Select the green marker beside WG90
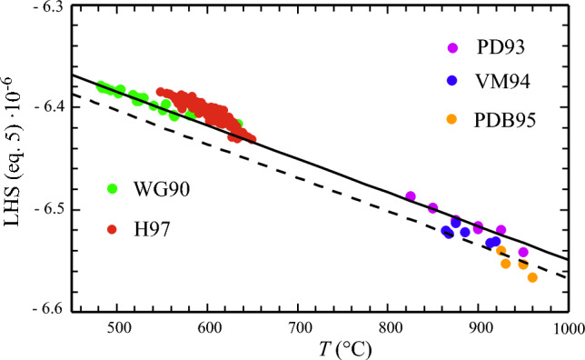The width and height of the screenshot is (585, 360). tap(113, 188)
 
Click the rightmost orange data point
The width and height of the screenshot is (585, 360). tap(532, 277)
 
